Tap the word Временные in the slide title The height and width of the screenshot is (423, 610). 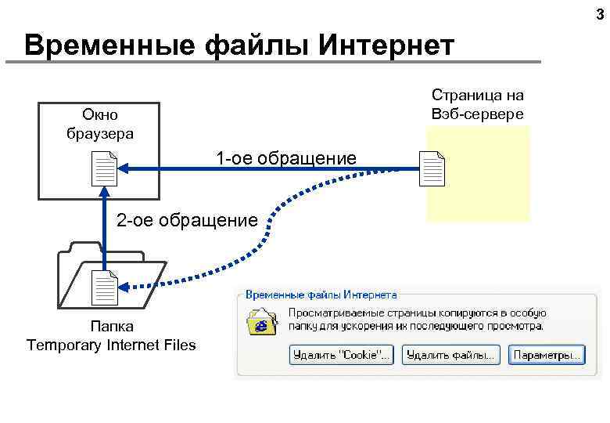coord(109,45)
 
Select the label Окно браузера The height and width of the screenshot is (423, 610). coord(99,124)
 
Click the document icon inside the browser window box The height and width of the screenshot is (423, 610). coord(104,168)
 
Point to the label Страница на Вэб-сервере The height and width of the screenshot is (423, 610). coord(477,103)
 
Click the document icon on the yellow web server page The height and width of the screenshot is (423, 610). coord(432,169)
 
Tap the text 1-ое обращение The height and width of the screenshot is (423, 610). coord(286,159)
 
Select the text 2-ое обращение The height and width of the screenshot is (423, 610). coord(186,221)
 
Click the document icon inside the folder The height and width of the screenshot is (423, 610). coord(104,287)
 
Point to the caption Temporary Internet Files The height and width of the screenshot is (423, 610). coord(111,345)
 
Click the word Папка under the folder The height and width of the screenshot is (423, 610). coord(111,327)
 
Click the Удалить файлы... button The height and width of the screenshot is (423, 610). coord(451,355)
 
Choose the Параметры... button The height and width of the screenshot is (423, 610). coord(547,355)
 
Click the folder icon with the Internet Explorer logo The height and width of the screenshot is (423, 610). coord(261,321)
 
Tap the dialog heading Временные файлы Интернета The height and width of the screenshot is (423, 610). coord(321,295)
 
